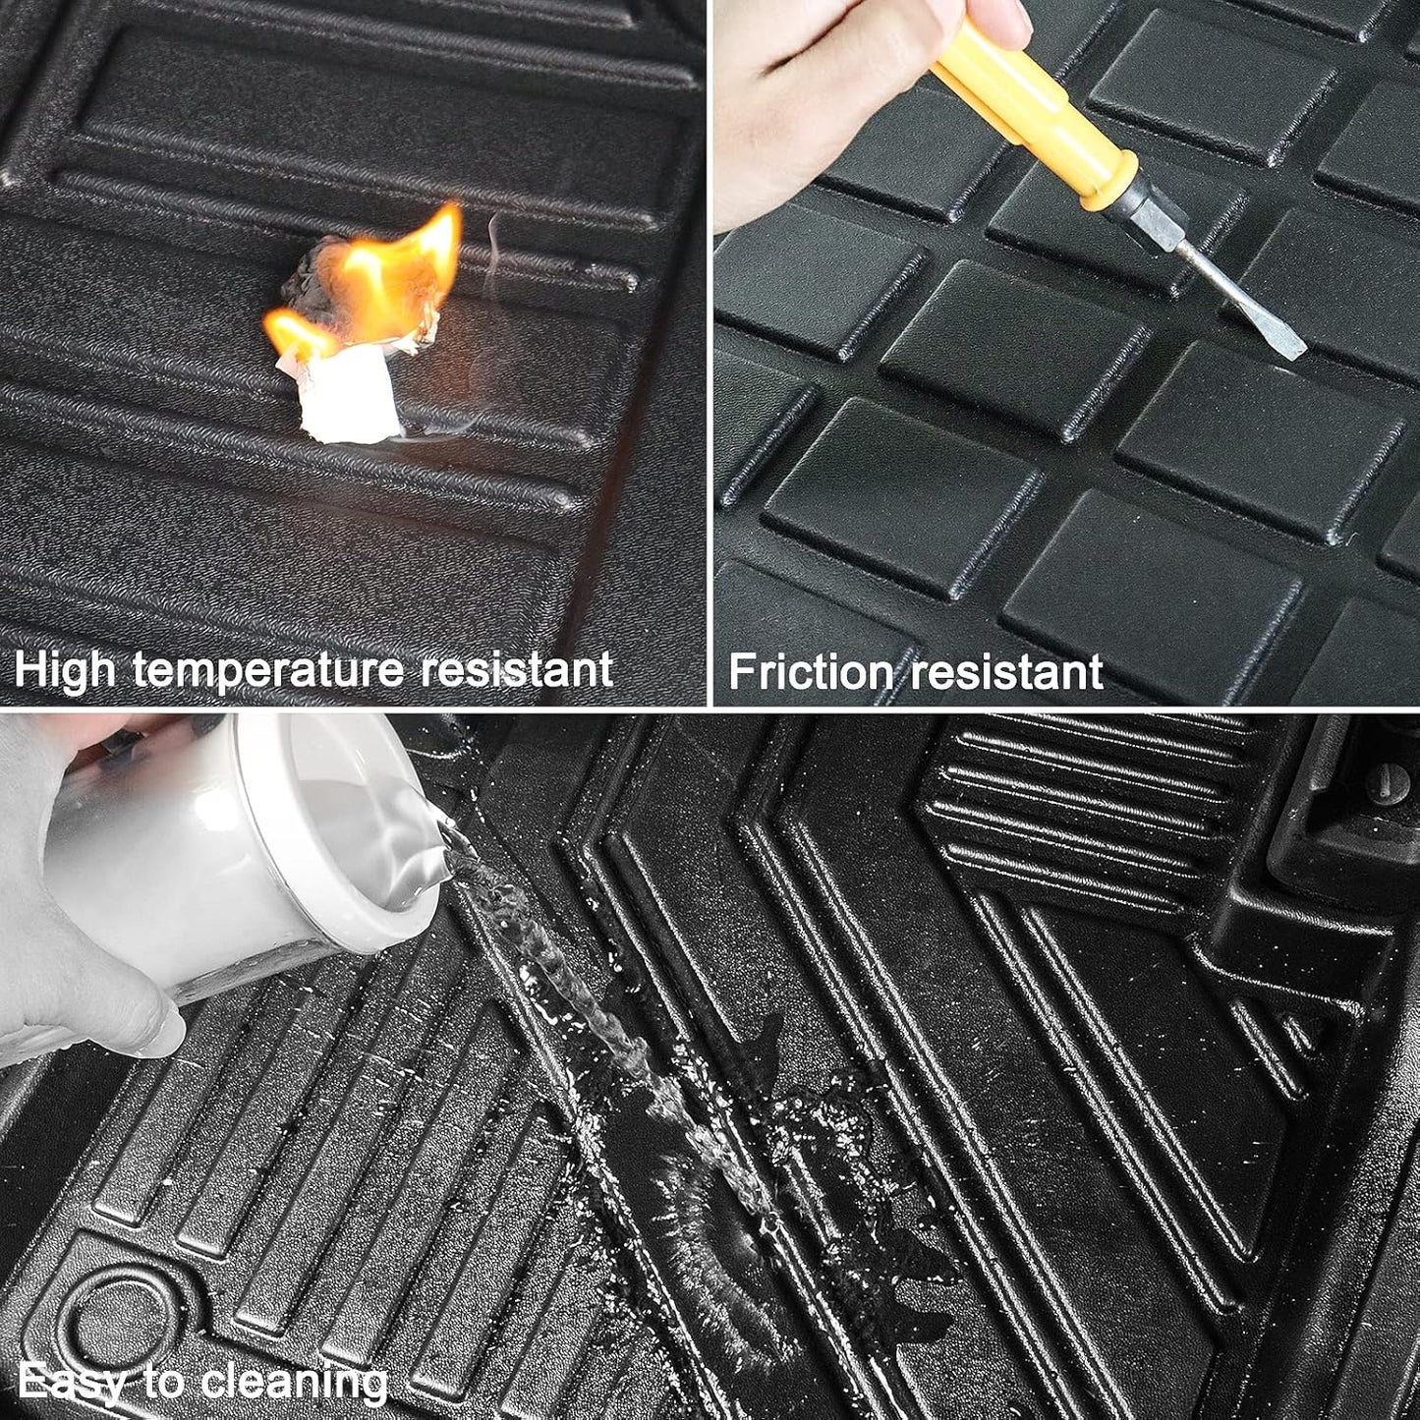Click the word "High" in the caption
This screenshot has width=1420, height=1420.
65,670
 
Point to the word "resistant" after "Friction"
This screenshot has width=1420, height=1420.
1005,671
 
